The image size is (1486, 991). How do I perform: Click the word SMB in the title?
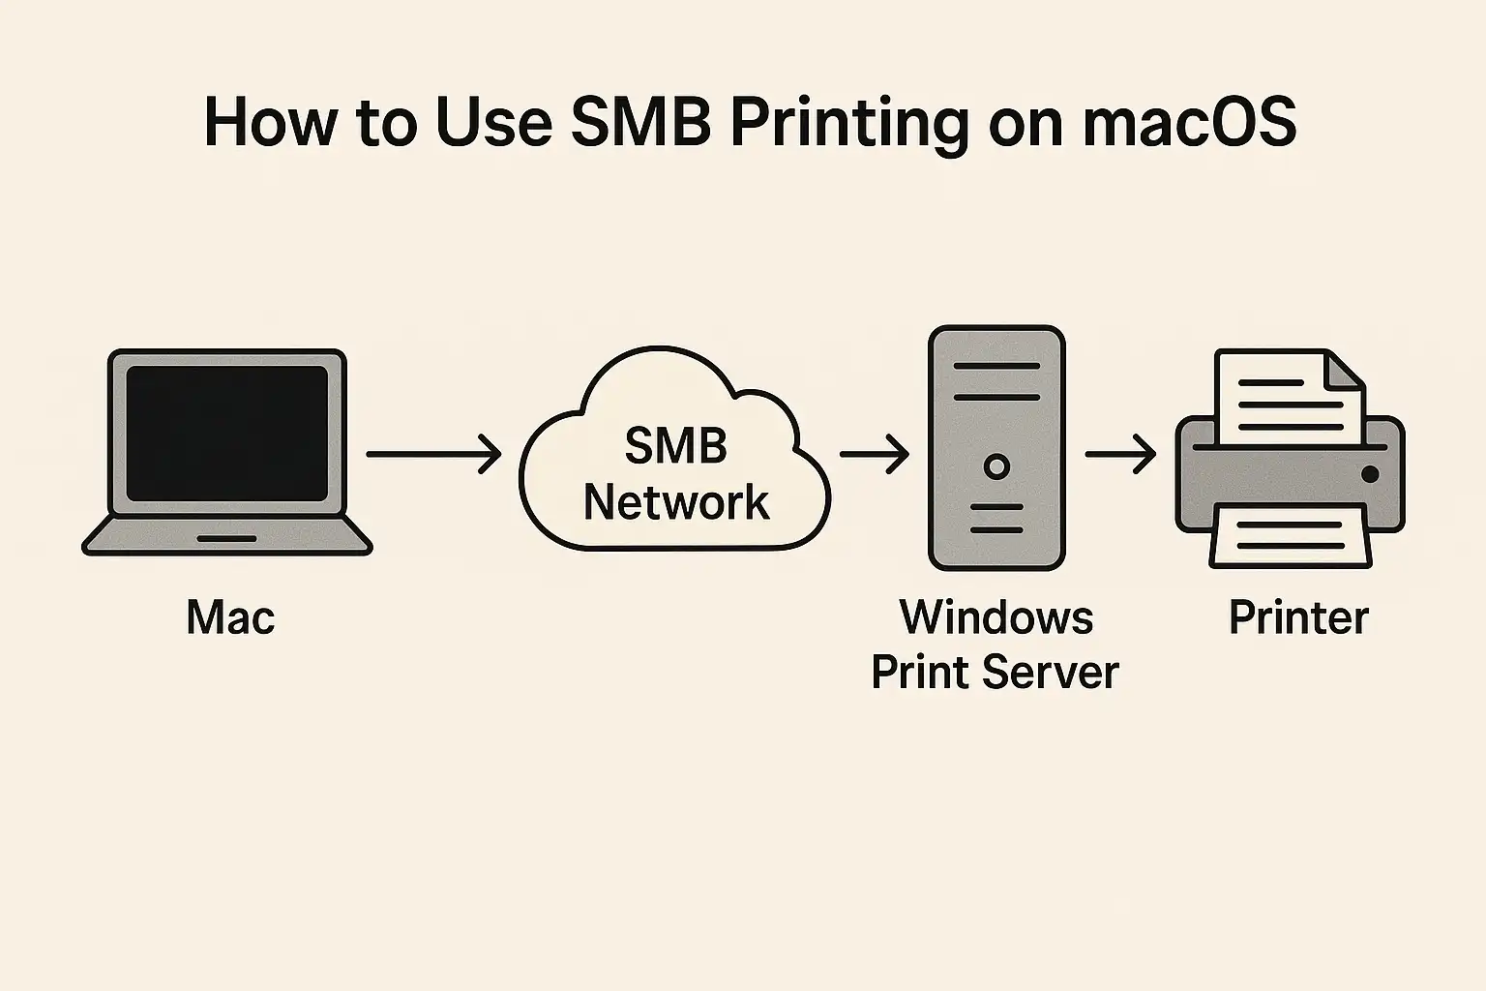[640, 123]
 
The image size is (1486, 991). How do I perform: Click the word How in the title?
[271, 123]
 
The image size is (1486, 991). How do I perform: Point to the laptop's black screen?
[226, 433]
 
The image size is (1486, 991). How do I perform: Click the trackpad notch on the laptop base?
[226, 538]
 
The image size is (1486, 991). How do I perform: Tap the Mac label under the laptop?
[230, 617]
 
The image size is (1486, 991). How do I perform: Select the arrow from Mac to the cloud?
[433, 453]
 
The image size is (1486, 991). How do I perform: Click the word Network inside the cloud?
[675, 502]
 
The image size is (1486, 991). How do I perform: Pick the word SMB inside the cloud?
[675, 446]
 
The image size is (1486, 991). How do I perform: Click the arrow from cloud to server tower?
[874, 453]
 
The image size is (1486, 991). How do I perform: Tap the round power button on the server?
[996, 466]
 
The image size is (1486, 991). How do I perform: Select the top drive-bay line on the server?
[996, 367]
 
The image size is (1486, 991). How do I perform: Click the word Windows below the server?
[996, 617]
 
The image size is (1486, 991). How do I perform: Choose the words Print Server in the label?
[995, 672]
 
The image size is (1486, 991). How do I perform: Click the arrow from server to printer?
[1120, 453]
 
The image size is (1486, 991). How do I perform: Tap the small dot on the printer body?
[1370, 473]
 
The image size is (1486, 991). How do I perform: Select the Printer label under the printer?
[1298, 617]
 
